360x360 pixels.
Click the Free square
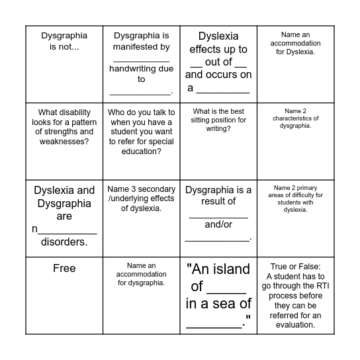pyautogui.click(x=64, y=268)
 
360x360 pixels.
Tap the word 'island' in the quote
pyautogui.click(x=229, y=269)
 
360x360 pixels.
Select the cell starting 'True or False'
pyautogui.click(x=296, y=291)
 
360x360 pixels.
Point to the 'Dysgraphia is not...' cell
pyautogui.click(x=64, y=41)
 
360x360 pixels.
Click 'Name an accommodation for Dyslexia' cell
pyautogui.click(x=296, y=42)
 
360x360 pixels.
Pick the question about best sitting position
pyautogui.click(x=218, y=120)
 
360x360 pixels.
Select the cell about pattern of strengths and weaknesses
pyautogui.click(x=64, y=126)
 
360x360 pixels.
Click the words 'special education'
pyautogui.click(x=141, y=151)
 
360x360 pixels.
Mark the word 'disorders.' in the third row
pyautogui.click(x=64, y=242)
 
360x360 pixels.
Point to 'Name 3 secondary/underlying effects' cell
pyautogui.click(x=141, y=199)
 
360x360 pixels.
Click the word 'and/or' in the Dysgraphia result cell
pyautogui.click(x=218, y=224)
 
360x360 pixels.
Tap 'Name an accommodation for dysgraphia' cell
pyautogui.click(x=141, y=275)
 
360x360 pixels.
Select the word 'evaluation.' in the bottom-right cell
pyautogui.click(x=296, y=315)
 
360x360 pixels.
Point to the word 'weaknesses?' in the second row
pyautogui.click(x=64, y=141)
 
